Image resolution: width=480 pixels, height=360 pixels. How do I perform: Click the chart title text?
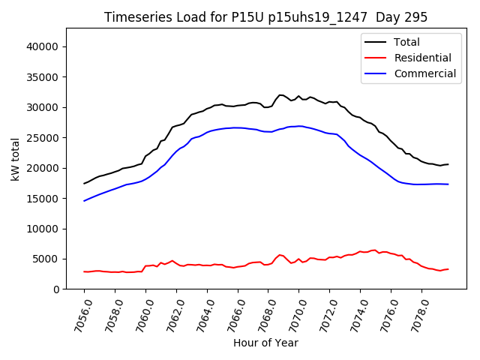point(265,17)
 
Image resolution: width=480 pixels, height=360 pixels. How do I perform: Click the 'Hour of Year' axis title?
point(265,343)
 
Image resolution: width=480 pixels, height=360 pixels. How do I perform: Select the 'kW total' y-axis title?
point(15,159)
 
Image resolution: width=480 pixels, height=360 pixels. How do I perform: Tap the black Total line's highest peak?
point(280,94)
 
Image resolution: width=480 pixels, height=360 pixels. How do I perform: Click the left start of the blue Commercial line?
point(84,201)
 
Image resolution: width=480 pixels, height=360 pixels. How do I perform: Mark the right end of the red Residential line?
point(448,269)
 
